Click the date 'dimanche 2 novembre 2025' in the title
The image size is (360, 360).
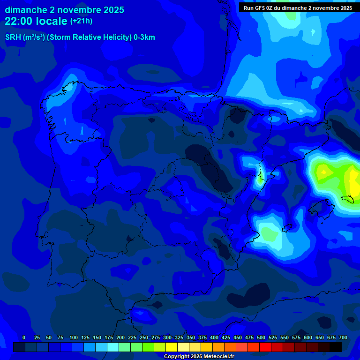point(64,10)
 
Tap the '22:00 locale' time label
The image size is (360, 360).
point(36,21)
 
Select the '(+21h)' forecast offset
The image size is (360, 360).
point(81,21)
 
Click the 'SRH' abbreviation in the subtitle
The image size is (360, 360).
point(13,37)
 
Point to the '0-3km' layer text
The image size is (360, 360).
point(144,37)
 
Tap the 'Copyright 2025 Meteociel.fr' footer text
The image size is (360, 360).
point(199,357)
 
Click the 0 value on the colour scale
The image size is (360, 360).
point(24,337)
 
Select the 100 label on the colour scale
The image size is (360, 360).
point(74,337)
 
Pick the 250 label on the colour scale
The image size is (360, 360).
point(144,337)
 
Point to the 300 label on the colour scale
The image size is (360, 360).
point(167,337)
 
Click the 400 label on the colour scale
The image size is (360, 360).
point(214,337)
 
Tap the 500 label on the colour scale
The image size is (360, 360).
point(261,337)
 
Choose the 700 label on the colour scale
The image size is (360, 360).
point(343,337)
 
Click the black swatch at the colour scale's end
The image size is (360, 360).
point(336,347)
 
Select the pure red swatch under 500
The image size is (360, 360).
point(265,347)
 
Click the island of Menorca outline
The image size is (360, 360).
point(349,199)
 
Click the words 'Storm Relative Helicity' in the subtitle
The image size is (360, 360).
point(90,37)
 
